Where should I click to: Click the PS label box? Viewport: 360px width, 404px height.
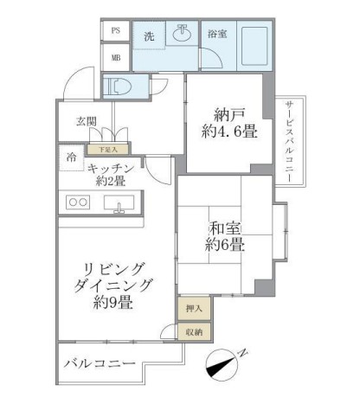tap(115, 30)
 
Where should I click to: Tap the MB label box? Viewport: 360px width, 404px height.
tap(115, 57)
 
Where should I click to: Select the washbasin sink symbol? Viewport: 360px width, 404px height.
tap(183, 35)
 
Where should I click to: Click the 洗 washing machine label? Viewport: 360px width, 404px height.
tap(149, 36)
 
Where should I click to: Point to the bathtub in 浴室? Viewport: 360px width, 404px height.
tap(251, 42)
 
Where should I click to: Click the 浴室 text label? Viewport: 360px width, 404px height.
tap(216, 35)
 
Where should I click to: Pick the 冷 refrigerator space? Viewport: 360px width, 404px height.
tap(68, 158)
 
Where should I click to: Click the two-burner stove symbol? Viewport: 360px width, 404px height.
tap(78, 203)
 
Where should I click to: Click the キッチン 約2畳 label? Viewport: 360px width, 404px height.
tap(112, 175)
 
